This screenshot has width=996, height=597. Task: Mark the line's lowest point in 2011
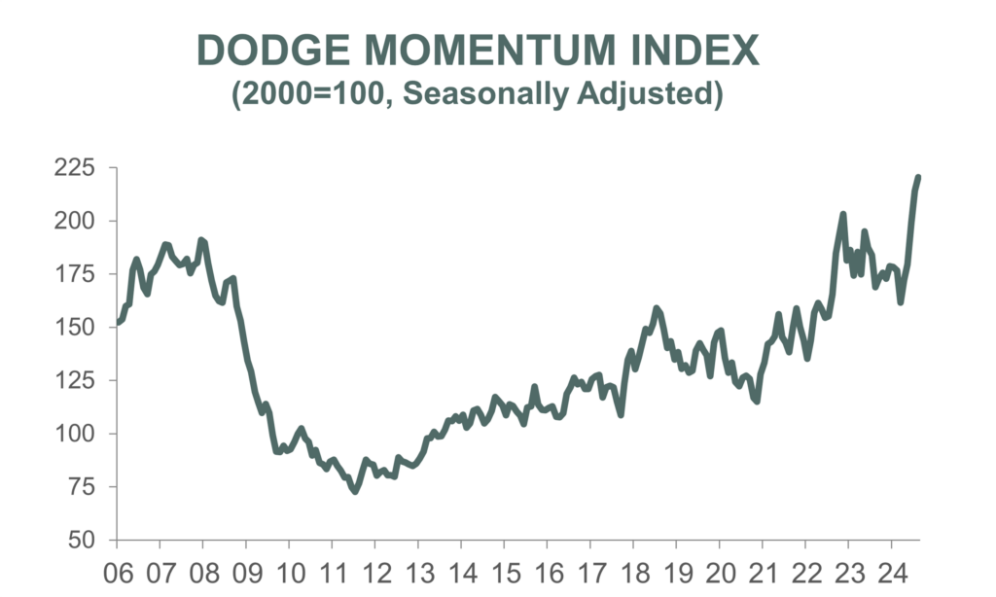(x=354, y=491)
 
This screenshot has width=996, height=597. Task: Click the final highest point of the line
(x=918, y=177)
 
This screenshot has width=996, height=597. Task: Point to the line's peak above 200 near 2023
(x=843, y=214)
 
